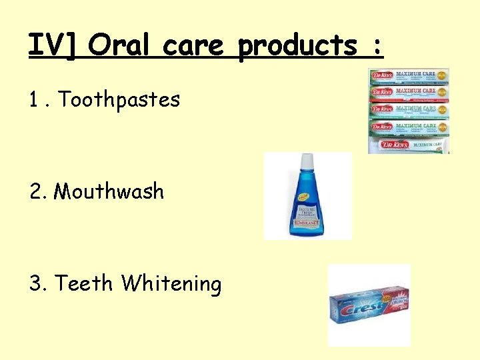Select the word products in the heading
click(297, 45)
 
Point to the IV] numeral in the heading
click(54, 45)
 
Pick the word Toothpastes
click(119, 100)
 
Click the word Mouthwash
click(109, 191)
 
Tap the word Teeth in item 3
click(84, 283)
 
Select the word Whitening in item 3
click(171, 284)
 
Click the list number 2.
click(37, 192)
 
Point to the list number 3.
click(37, 284)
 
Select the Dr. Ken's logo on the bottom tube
click(391, 145)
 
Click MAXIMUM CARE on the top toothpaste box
click(415, 73)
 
